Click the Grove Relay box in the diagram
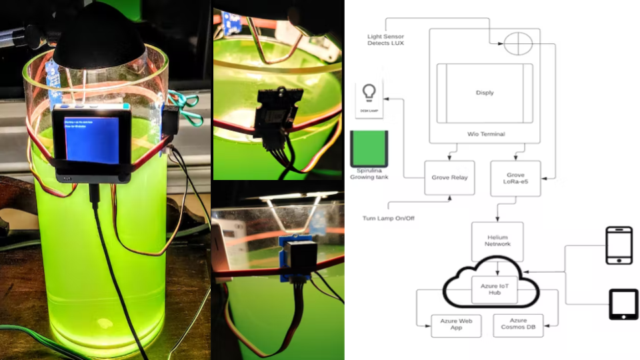(449, 178)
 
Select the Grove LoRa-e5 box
(515, 178)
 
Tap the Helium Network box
(497, 241)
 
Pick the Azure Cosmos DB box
(518, 325)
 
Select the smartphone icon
(618, 245)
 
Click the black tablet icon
(623, 304)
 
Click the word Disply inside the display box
(485, 93)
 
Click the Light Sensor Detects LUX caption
(385, 39)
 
